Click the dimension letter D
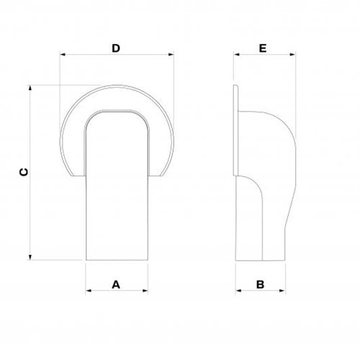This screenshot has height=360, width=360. [115, 48]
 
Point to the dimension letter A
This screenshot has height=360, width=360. [115, 284]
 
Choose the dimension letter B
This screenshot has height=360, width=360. [261, 284]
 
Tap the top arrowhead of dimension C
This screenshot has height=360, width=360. [30, 88]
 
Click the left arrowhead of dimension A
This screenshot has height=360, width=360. [89, 291]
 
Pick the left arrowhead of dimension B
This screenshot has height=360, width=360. [239, 291]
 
